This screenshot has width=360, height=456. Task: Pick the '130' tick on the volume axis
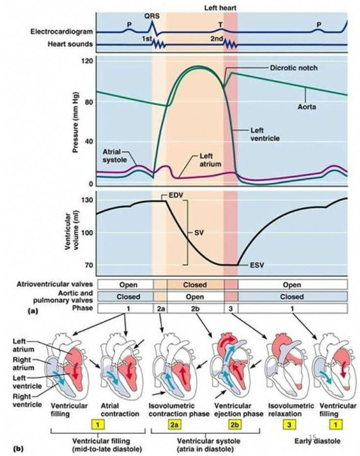click(88, 200)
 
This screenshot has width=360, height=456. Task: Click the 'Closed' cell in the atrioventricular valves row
click(195, 285)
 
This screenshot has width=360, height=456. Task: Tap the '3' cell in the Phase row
click(231, 309)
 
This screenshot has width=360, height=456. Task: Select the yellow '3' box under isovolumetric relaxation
click(288, 425)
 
